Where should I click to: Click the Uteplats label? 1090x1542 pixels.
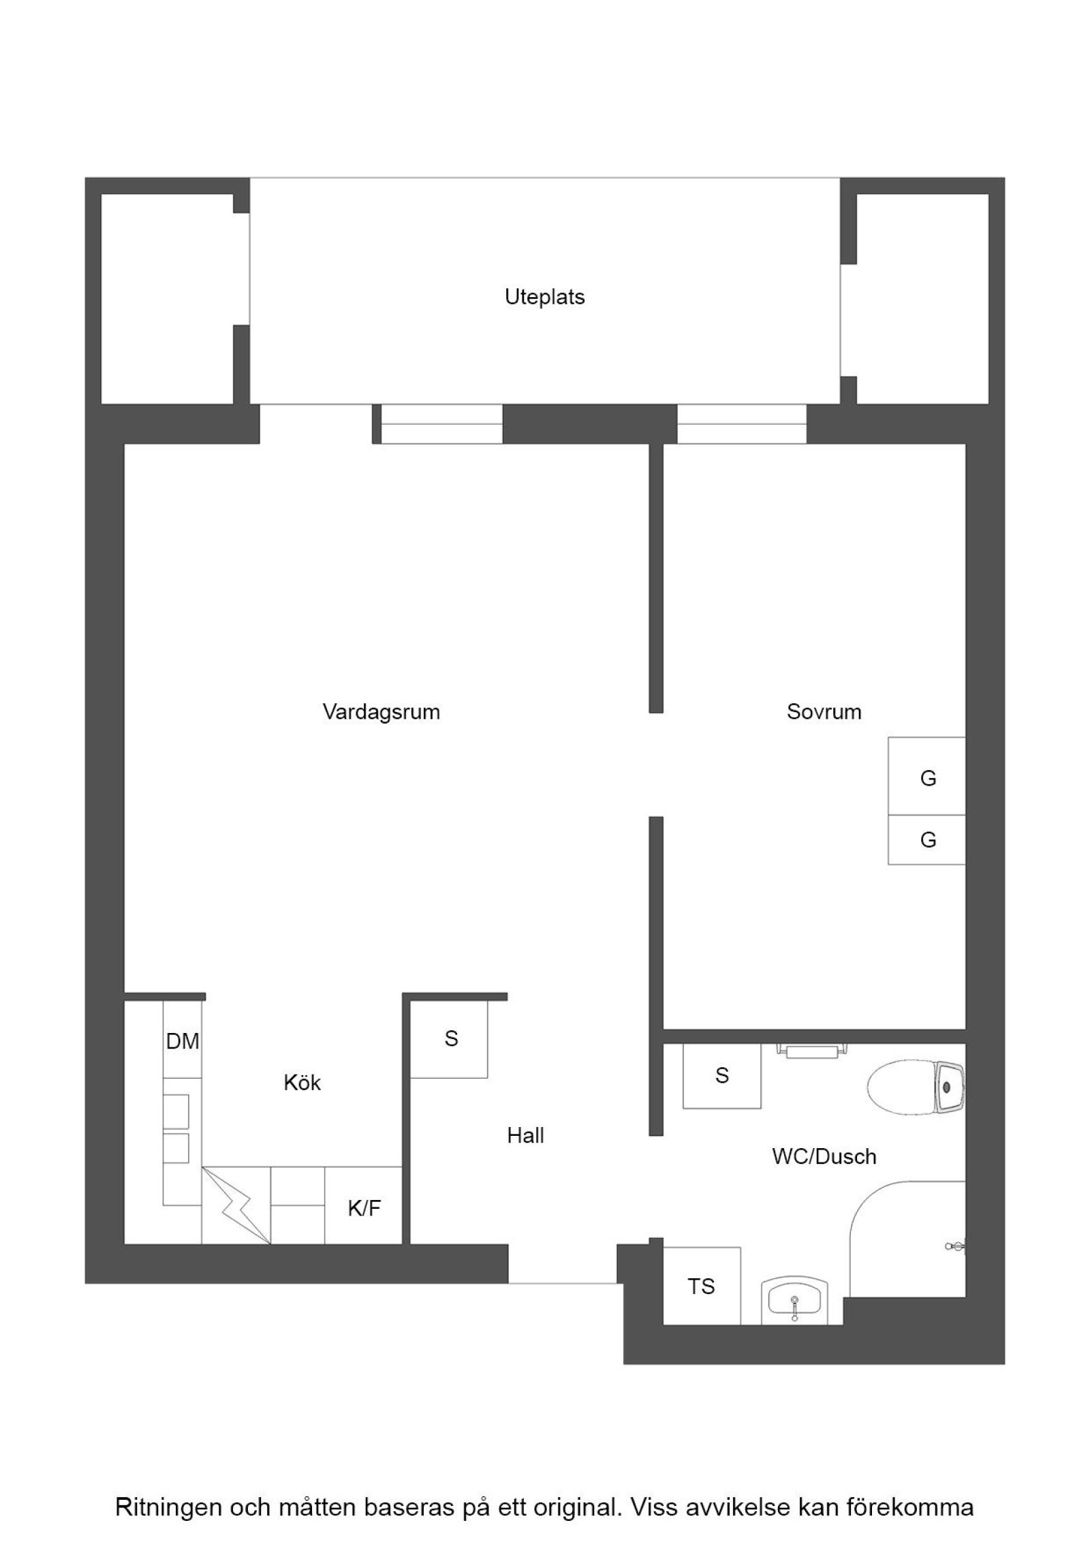click(x=544, y=297)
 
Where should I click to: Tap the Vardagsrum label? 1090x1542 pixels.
click(x=381, y=711)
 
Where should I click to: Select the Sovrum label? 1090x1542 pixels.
click(x=824, y=711)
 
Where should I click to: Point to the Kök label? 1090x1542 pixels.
click(x=302, y=1083)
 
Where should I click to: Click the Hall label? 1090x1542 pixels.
click(x=525, y=1135)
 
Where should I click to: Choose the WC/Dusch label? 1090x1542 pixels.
click(x=824, y=1156)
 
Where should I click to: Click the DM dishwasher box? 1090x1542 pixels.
click(x=183, y=1041)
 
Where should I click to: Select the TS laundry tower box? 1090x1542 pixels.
click(x=701, y=1286)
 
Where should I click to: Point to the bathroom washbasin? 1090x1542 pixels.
click(x=794, y=1300)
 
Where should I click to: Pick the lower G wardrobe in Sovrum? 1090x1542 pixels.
click(x=926, y=840)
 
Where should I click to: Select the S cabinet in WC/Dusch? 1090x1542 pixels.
click(x=721, y=1076)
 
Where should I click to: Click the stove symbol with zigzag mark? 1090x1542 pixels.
click(x=236, y=1207)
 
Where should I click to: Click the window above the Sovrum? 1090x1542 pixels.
click(x=741, y=424)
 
